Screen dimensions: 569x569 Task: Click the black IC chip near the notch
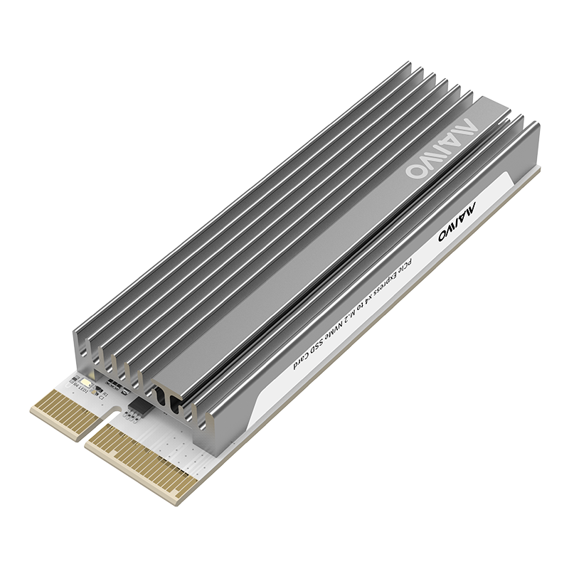point(138,408)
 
